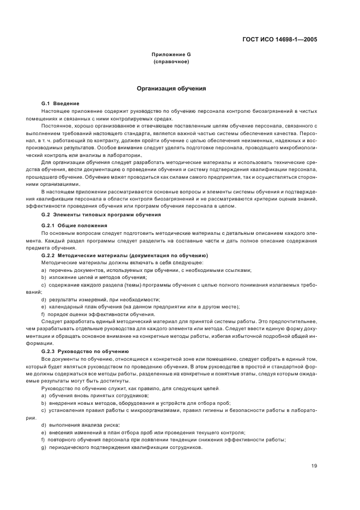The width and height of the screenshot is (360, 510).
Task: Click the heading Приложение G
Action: pyautogui.click(x=171, y=55)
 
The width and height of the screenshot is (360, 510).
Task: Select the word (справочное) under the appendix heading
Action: pyautogui.click(x=171, y=62)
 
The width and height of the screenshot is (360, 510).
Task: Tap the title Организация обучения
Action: pyautogui.click(x=171, y=88)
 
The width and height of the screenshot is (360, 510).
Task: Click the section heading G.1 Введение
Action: pyautogui.click(x=60, y=104)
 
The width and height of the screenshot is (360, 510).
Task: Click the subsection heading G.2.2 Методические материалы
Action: pyautogui.click(x=125, y=256)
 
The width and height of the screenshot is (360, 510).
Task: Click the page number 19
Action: pyautogui.click(x=314, y=465)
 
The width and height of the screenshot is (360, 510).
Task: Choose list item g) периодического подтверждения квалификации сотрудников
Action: pyautogui.click(x=122, y=447)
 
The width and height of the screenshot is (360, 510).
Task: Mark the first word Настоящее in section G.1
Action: pyautogui.click(x=54, y=111)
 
